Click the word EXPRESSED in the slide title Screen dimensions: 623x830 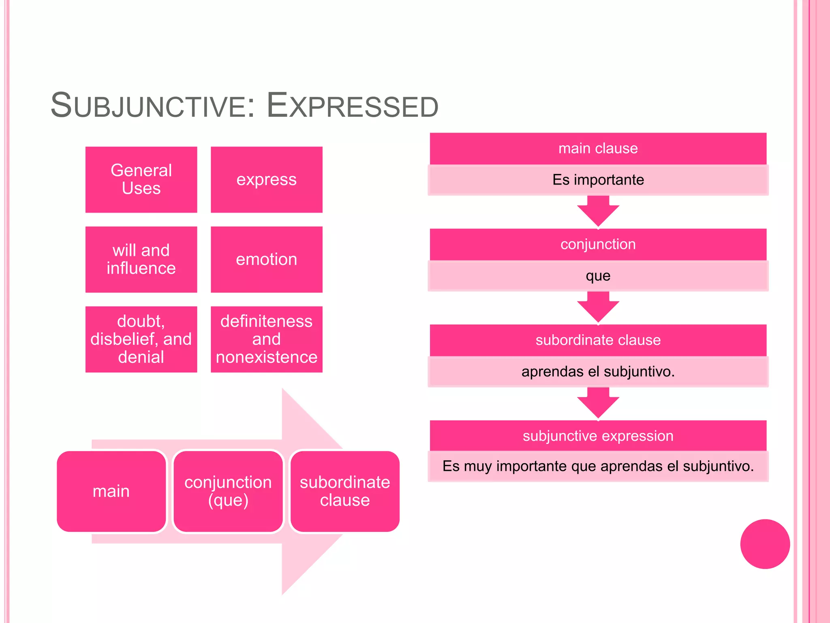click(x=353, y=106)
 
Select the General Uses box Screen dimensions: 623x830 click(x=141, y=179)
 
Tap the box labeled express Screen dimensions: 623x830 click(x=266, y=179)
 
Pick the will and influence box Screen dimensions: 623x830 click(x=141, y=259)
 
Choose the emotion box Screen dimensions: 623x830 click(x=266, y=259)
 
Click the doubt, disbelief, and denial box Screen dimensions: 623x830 click(x=141, y=339)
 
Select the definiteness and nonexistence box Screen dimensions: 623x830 click(x=266, y=339)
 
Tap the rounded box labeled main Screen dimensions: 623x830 click(x=111, y=491)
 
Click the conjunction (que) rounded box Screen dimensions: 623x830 click(x=228, y=491)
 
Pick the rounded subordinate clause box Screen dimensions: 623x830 click(x=344, y=491)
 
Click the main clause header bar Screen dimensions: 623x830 click(x=598, y=148)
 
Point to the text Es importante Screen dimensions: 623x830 click(x=598, y=180)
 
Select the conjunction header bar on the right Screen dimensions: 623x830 click(x=598, y=244)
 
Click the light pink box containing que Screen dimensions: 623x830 click(x=598, y=276)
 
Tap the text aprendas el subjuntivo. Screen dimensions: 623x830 click(x=598, y=372)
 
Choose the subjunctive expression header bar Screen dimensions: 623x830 click(x=598, y=436)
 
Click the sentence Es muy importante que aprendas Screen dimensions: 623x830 click(x=598, y=466)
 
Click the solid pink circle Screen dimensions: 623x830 click(x=765, y=544)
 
